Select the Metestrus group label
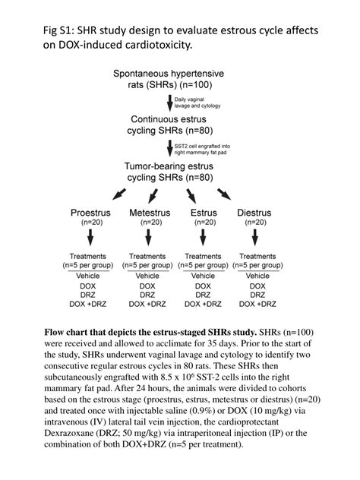[150, 213]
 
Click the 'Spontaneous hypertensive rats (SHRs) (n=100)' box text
[168, 79]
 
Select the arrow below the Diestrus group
[257, 239]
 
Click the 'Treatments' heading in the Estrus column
[204, 256]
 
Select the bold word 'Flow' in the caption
[57, 333]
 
